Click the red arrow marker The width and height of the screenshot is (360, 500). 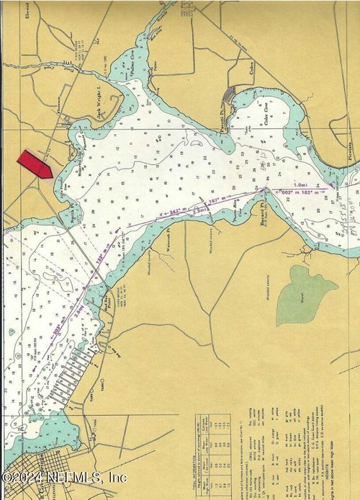35,165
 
